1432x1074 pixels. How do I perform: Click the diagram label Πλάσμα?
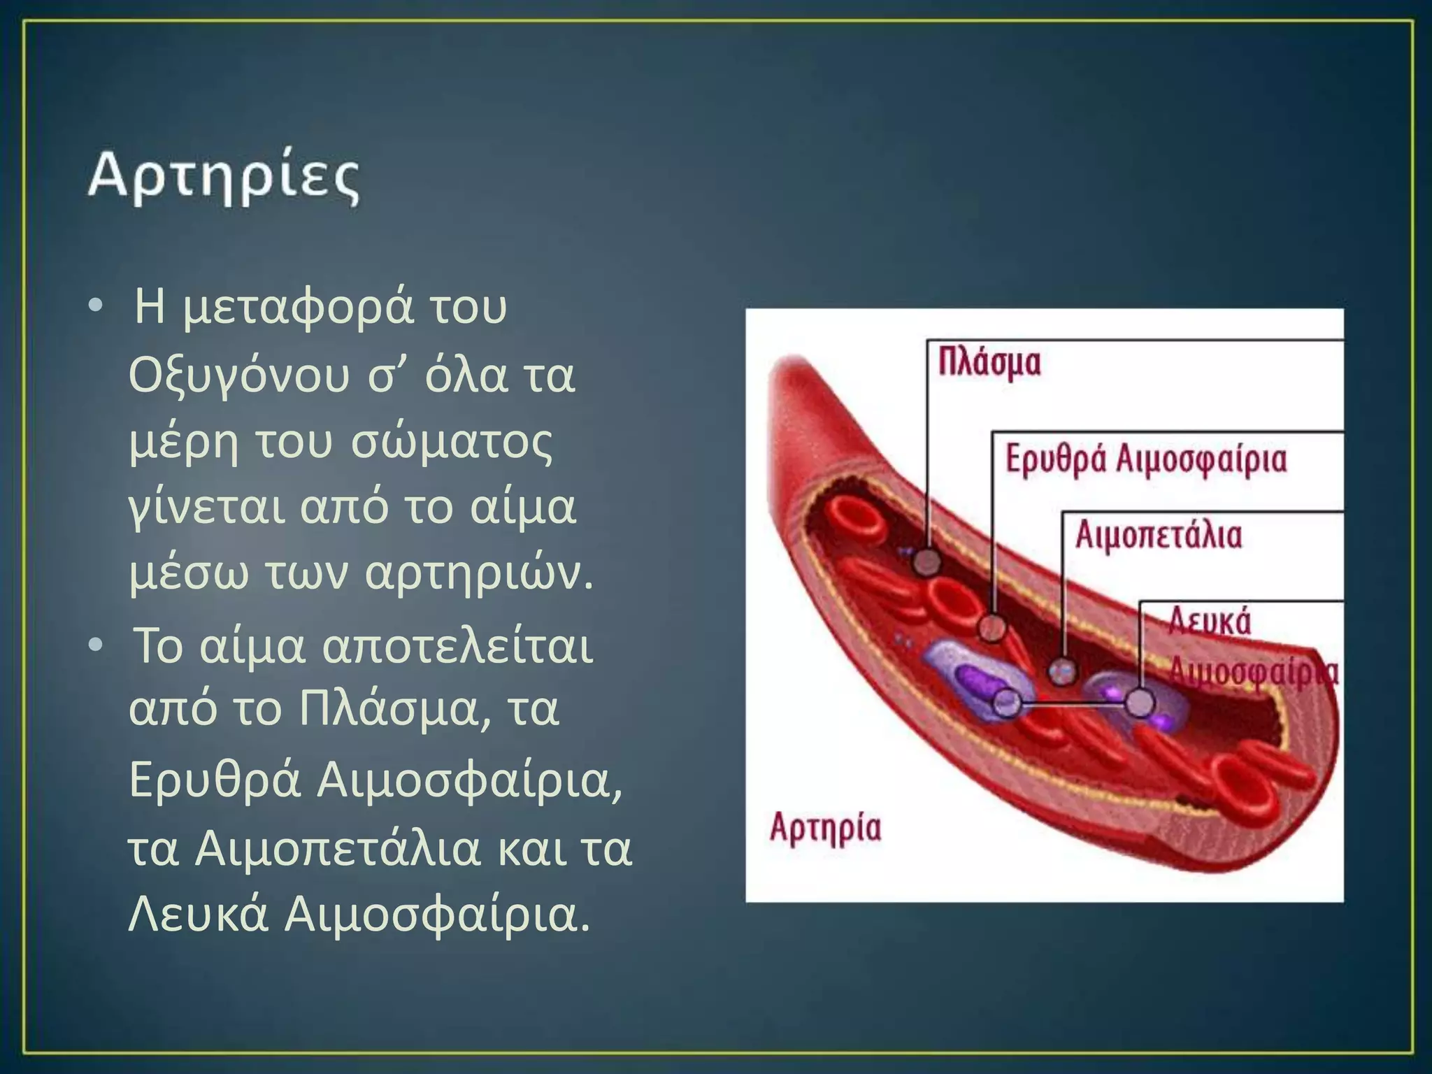989,362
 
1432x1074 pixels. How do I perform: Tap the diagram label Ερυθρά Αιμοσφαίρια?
1145,460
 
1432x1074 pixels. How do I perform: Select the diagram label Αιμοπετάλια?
1159,536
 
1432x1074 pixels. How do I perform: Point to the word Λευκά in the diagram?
1210,621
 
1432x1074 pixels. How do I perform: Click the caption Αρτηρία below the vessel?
825,828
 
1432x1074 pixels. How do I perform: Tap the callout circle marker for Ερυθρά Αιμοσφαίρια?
991,627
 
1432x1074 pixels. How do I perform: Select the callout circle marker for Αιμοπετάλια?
1063,672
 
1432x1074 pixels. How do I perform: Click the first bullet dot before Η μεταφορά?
96,306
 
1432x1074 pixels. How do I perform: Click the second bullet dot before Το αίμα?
96,645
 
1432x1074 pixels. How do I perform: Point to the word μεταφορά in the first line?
298,308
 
